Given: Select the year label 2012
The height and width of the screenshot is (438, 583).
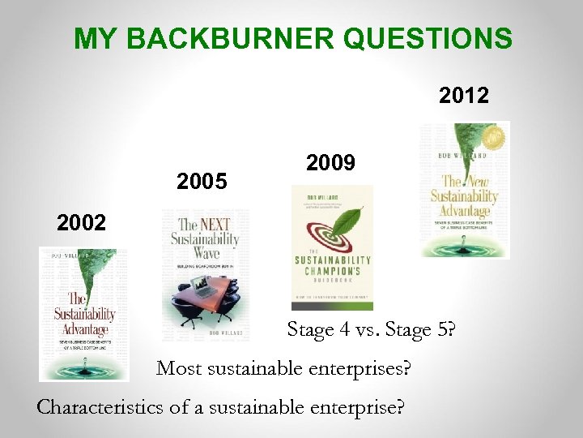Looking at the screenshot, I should tap(464, 97).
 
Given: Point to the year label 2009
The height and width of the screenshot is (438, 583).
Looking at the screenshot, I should tap(331, 164).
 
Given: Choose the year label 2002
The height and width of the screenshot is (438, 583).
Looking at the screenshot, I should tap(81, 222).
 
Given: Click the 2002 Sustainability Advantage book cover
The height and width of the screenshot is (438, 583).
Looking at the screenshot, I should tap(83, 314).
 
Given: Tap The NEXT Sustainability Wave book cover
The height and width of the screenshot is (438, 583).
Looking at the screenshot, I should tap(206, 275).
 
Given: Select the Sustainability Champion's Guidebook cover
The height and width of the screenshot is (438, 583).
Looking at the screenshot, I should tap(332, 247).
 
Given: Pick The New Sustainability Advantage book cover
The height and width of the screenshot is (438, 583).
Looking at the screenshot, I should tap(465, 189).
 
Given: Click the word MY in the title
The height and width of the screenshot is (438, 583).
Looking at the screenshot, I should tap(91, 38).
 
